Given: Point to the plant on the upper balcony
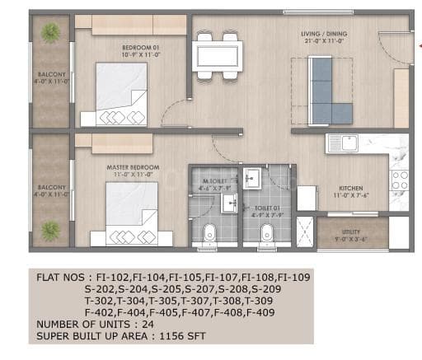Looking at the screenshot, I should pyautogui.click(x=51, y=33).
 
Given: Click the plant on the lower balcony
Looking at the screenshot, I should pyautogui.click(x=51, y=228).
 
